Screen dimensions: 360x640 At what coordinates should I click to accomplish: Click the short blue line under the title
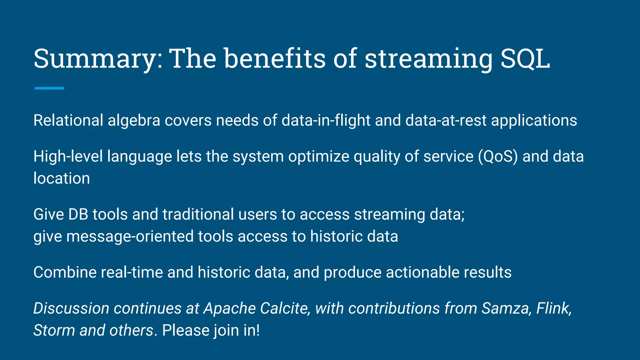[x=49, y=88]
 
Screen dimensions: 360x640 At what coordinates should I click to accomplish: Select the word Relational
[x=68, y=120]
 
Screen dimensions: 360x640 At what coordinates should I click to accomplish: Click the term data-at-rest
[x=446, y=120]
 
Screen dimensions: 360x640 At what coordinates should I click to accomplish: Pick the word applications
[x=534, y=121]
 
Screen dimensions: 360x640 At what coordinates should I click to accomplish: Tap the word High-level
[x=68, y=156]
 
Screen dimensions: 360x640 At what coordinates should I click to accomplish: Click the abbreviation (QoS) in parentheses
[x=498, y=156]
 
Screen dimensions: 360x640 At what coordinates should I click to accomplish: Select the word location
[x=62, y=178]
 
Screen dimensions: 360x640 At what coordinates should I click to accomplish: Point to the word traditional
[x=198, y=214]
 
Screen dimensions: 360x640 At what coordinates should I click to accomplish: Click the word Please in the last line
[x=186, y=330]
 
